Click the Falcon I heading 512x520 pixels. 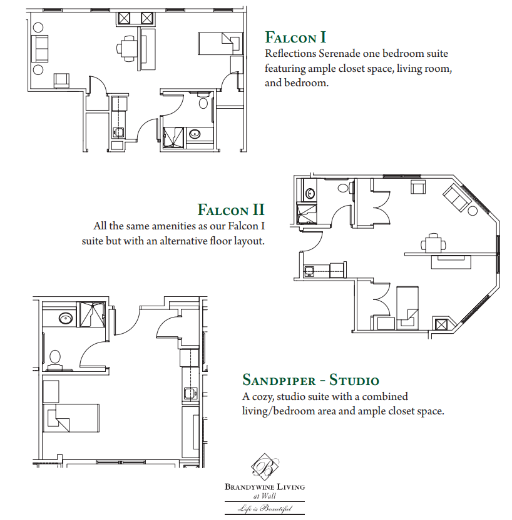tap(295, 37)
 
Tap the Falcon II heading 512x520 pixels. tap(231, 209)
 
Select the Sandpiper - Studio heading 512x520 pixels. tap(311, 380)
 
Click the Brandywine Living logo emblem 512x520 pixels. tap(265, 467)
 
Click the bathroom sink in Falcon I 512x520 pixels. tap(195, 134)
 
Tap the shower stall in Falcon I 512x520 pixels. tap(173, 137)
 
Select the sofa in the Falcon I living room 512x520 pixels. tap(40, 48)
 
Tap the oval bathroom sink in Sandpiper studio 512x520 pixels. tap(66, 319)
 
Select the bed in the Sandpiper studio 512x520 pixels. tap(71, 418)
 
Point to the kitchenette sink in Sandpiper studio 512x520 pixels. tap(190, 393)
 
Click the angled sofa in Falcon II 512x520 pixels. tap(456, 197)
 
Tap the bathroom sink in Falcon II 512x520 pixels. tap(310, 193)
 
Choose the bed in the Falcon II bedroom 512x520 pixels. tap(407, 307)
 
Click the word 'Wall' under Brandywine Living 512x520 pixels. tap(269, 496)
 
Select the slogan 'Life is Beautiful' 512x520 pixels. tap(265, 508)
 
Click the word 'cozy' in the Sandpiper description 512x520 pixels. tap(264, 397)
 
